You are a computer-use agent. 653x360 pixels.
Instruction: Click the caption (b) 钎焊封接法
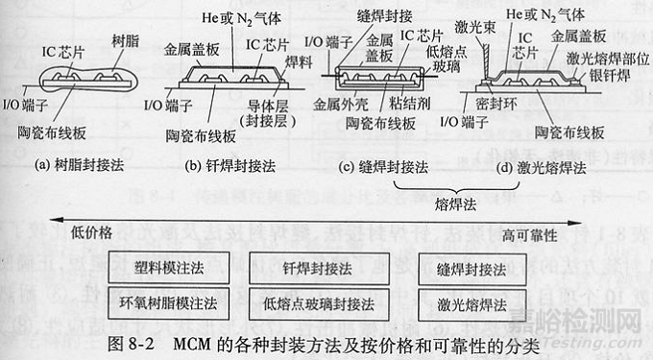[228, 165]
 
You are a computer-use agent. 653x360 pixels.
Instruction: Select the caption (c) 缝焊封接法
[388, 165]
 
